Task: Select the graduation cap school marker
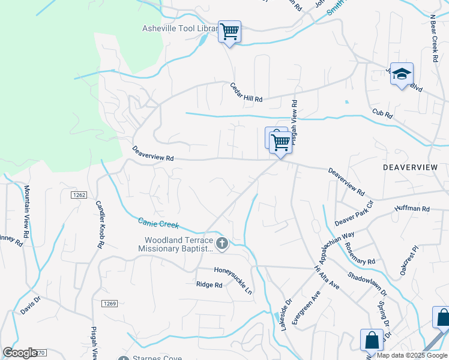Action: coord(402,74)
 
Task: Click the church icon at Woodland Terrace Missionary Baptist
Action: coord(222,243)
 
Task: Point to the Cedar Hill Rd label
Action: coord(247,92)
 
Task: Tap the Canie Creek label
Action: coord(158,223)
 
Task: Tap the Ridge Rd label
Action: coord(209,285)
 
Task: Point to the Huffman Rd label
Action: coord(412,209)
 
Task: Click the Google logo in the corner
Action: coord(20,353)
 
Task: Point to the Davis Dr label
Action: coord(29,306)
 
